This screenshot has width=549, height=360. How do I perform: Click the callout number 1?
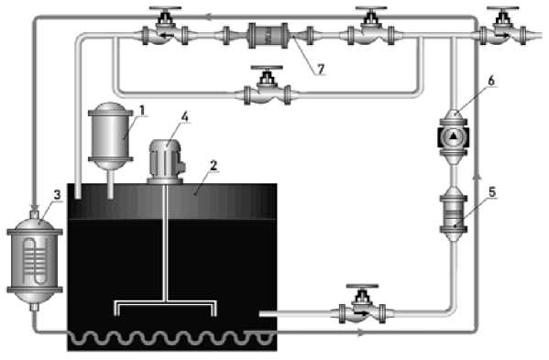pos(142,110)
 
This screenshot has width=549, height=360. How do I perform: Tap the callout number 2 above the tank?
pos(214,165)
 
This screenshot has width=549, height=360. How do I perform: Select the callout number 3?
pos(57,194)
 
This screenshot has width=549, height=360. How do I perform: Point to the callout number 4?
pos(184,117)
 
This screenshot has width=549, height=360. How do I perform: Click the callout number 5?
pos(492,192)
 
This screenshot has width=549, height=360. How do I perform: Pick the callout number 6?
pos(491,81)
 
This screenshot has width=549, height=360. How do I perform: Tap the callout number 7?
pos(321,69)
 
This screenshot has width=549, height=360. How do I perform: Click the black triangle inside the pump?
pos(454,136)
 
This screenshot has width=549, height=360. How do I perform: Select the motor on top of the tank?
pos(166,162)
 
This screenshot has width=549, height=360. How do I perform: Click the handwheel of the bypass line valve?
pos(267,68)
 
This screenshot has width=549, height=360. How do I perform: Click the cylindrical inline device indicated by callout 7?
pos(269,36)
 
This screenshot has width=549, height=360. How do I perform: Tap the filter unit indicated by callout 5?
pos(454,213)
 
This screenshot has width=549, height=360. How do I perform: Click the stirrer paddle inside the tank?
pos(166,308)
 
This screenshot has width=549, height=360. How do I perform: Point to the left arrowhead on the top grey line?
pos(209,16)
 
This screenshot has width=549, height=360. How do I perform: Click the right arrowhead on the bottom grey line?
pos(360,333)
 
